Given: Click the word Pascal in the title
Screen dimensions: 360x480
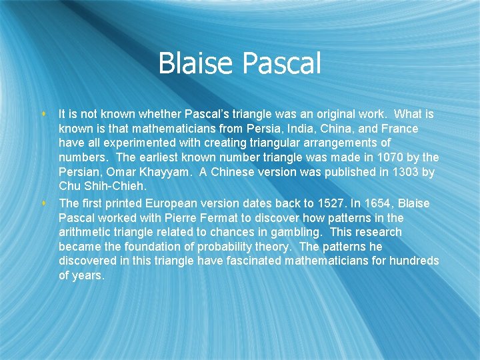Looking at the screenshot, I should pyautogui.click(x=283, y=64).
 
